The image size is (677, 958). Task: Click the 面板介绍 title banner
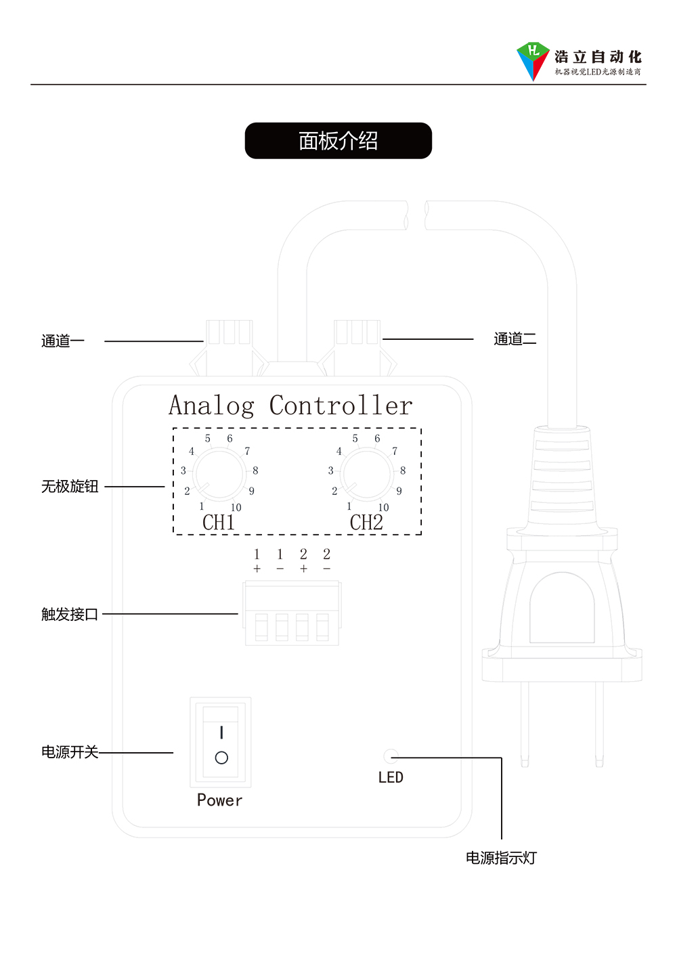click(338, 141)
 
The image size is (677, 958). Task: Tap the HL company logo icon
click(533, 60)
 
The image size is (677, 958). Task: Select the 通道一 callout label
click(63, 341)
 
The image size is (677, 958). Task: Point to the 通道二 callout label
click(515, 339)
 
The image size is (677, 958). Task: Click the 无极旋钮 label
click(70, 486)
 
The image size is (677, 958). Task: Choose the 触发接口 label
click(70, 614)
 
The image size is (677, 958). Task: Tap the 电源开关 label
click(70, 752)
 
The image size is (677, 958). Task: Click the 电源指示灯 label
click(501, 858)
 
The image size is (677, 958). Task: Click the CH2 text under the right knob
click(366, 523)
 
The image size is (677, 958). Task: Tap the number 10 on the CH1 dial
click(236, 507)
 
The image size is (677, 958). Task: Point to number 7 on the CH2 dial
click(395, 451)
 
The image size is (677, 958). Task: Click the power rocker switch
click(221, 742)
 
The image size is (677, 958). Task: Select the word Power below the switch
click(219, 800)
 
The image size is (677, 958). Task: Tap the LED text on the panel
click(391, 777)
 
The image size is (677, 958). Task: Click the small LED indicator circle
click(391, 756)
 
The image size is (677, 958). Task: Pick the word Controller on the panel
click(341, 406)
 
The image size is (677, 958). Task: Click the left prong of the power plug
click(525, 724)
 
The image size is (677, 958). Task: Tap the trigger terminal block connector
click(292, 613)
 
